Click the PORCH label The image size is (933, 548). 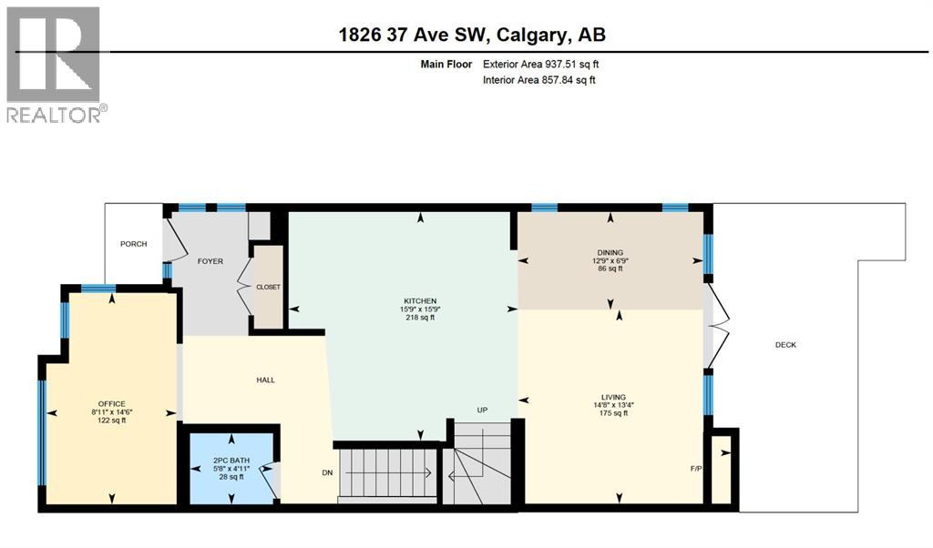click(134, 244)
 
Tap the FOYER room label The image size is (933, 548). click(210, 261)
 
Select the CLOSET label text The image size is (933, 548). click(268, 287)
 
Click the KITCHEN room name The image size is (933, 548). click(421, 301)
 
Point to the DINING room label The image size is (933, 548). click(610, 253)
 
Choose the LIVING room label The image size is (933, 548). click(608, 397)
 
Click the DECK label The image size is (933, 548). click(785, 345)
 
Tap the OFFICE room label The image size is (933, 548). click(112, 403)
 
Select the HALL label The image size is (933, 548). click(265, 380)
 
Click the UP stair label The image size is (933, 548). click(483, 411)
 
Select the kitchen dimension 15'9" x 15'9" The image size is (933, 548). click(421, 310)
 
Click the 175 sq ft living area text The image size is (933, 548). click(608, 413)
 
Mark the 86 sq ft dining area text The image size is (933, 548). click(610, 269)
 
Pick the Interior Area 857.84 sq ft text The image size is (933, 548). click(539, 80)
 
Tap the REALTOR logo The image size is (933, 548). click(55, 64)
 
